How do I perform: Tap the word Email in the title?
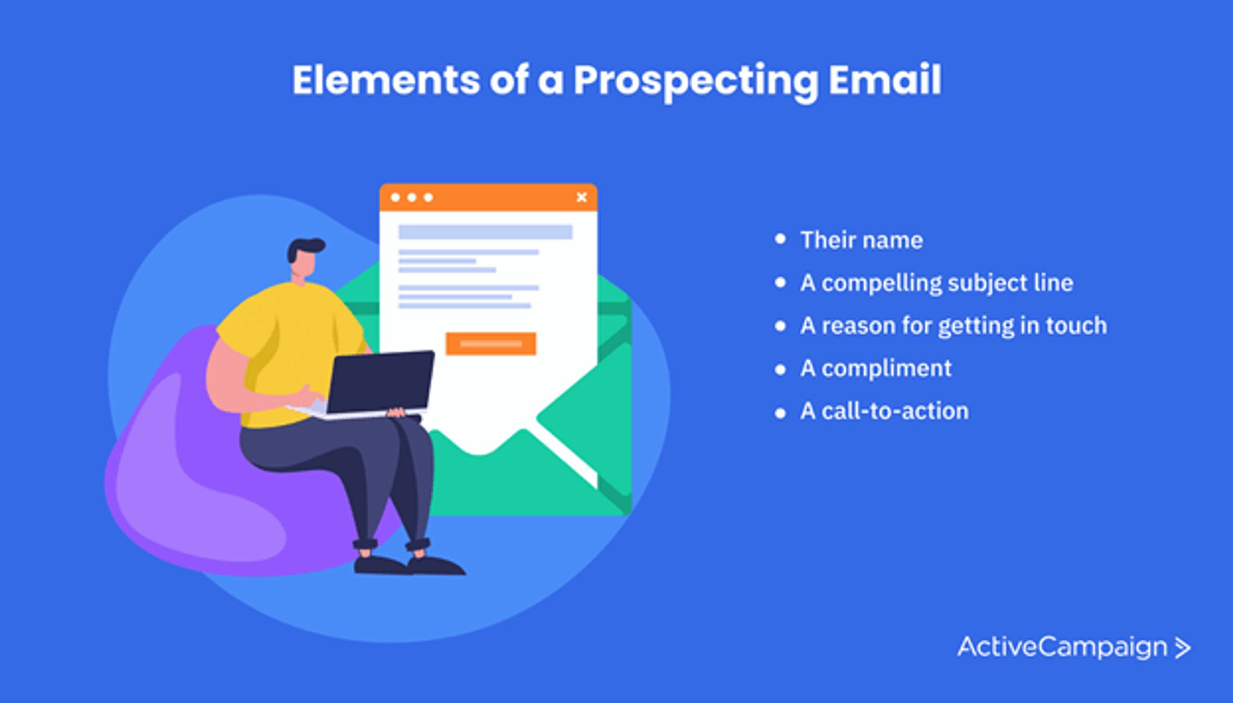[885, 80]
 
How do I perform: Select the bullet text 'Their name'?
[861, 240]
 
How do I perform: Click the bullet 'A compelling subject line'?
[937, 283]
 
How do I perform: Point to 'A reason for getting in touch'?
[954, 326]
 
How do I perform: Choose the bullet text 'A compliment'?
[876, 369]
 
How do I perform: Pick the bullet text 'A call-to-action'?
[884, 411]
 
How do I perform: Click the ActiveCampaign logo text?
[1062, 647]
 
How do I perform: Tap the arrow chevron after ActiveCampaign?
[1183, 648]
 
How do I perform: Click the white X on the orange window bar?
[582, 197]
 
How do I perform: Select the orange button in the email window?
[491, 343]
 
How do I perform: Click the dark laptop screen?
[381, 383]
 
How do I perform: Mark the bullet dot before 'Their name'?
[780, 239]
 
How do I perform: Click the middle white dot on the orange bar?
[412, 197]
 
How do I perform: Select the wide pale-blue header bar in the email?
[485, 232]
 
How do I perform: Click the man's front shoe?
[437, 566]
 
